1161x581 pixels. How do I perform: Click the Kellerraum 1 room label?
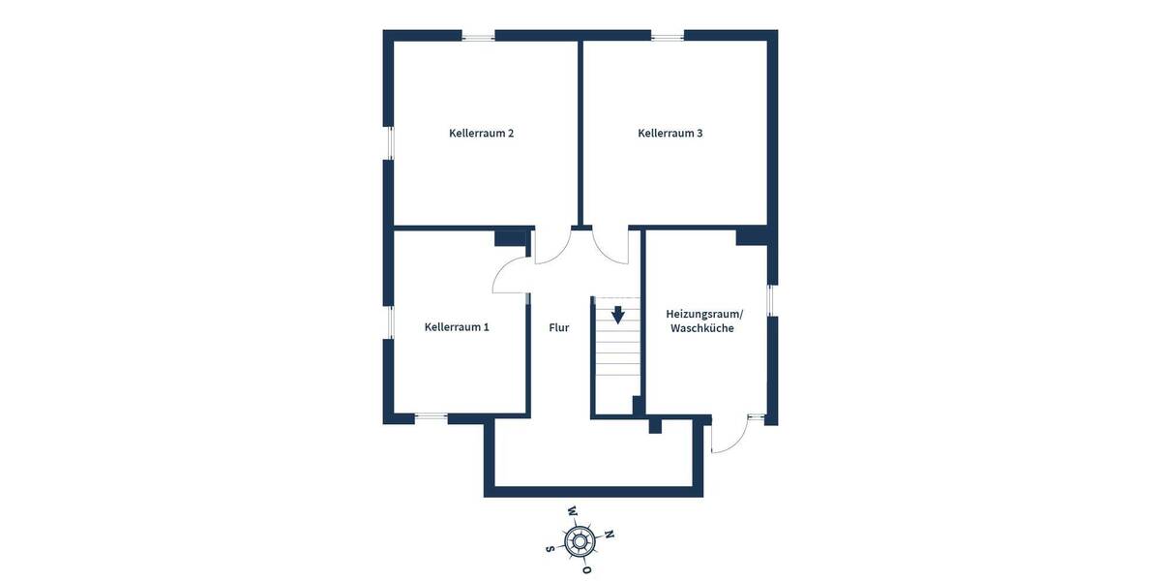point(457,327)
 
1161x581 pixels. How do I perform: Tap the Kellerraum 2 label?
point(481,133)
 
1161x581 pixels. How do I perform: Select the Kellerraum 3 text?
point(670,133)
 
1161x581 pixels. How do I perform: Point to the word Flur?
point(559,327)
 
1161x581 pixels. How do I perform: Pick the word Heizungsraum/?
point(704,314)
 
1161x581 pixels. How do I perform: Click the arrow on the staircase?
point(617,315)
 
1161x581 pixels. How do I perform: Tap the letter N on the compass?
point(609,534)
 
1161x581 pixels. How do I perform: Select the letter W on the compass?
point(572,510)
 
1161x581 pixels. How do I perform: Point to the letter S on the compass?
point(551,548)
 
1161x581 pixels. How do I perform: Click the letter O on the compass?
point(586,570)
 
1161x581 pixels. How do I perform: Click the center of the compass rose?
point(580,540)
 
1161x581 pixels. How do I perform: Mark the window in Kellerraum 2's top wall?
point(478,37)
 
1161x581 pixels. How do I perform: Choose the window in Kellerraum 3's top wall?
point(667,37)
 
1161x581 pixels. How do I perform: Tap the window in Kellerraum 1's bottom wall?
point(432,418)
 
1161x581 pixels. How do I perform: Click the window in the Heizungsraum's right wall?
point(771,300)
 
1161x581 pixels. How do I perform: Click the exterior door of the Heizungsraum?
point(730,436)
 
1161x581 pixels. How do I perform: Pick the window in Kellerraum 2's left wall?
point(389,143)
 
